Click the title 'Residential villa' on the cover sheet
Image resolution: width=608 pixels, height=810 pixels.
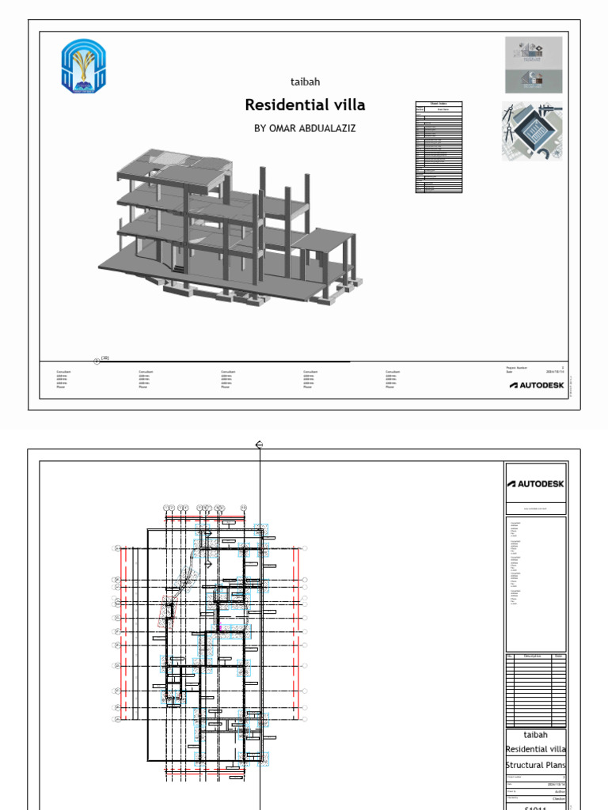click(305, 105)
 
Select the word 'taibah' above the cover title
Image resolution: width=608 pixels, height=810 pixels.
click(305, 81)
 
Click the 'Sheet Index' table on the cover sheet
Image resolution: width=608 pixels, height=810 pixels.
click(439, 147)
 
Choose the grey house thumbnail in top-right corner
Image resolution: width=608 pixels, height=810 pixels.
click(534, 65)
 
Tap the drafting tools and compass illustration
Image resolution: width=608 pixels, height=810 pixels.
click(534, 131)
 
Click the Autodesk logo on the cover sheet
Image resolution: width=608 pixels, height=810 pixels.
click(537, 385)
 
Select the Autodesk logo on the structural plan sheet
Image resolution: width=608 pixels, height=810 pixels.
click(536, 484)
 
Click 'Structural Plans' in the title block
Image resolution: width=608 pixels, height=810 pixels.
click(536, 765)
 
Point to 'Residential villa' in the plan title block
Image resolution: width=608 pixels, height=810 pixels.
click(536, 749)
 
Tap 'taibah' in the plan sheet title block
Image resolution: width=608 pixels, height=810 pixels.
click(536, 734)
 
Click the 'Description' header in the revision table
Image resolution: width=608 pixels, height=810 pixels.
click(531, 656)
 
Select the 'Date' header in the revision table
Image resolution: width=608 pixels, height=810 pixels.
click(558, 656)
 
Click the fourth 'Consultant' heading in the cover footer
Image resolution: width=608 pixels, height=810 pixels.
click(314, 371)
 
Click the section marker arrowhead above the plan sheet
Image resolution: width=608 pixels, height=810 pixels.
click(259, 445)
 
